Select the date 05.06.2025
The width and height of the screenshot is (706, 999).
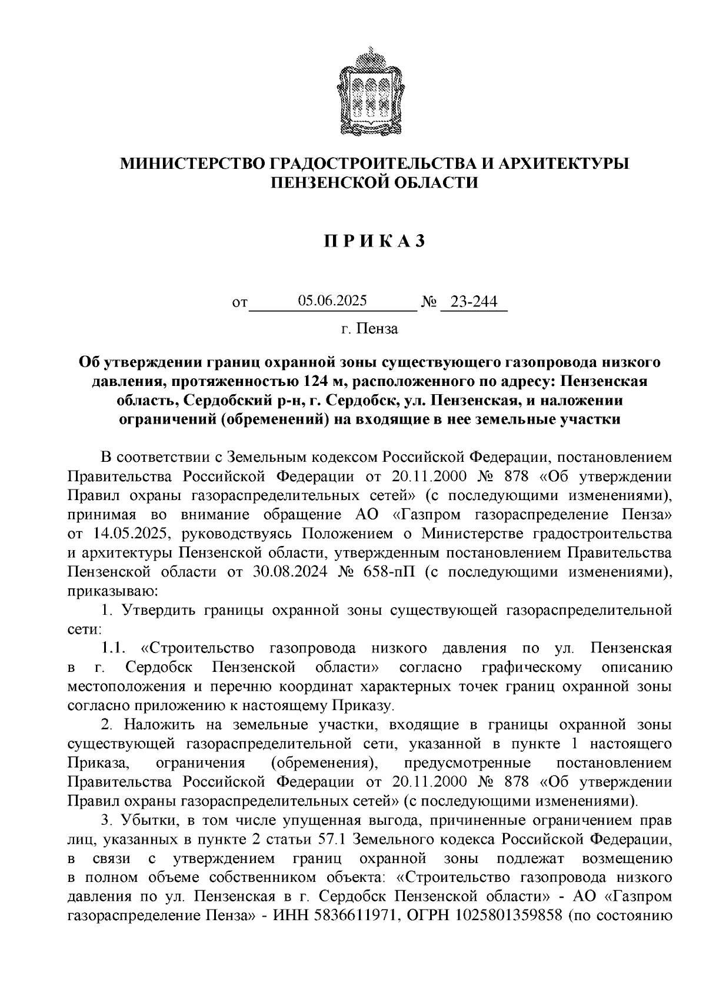[332, 301]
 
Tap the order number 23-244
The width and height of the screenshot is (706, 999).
[474, 302]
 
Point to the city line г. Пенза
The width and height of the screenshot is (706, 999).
[369, 329]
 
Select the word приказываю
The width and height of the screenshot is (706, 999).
[112, 591]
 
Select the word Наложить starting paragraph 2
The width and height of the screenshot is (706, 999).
[152, 725]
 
